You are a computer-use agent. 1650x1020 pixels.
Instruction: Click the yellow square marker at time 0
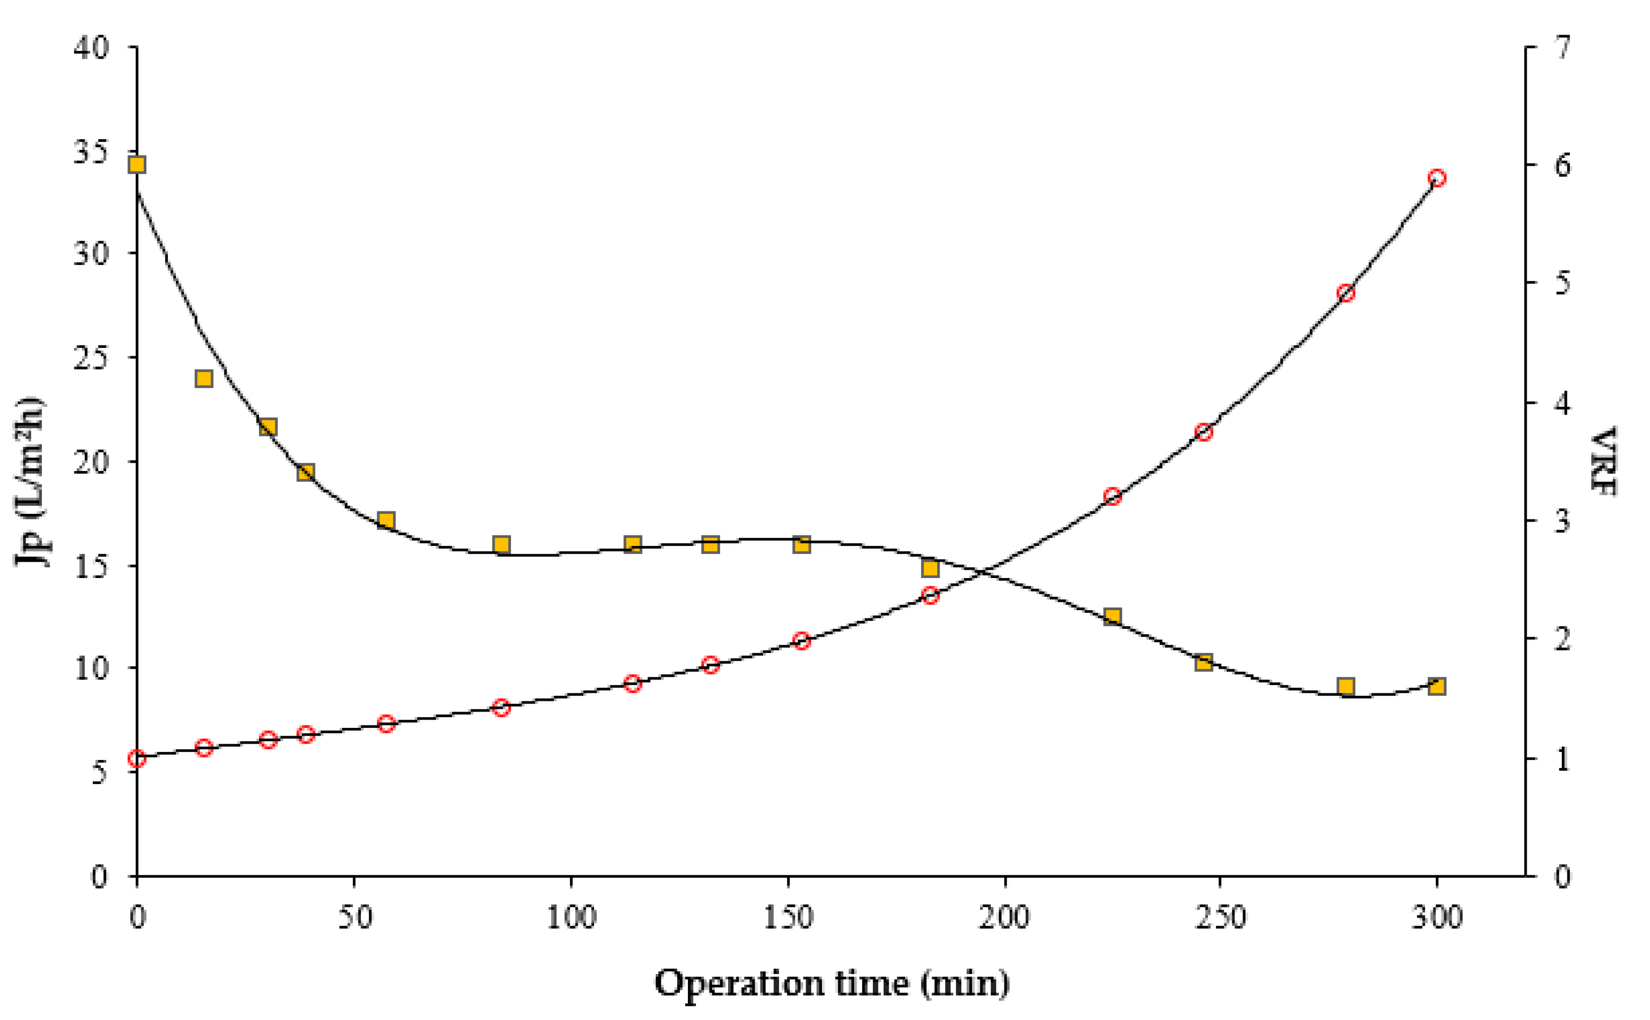(137, 165)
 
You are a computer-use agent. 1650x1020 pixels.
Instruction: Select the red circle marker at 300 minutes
(1437, 178)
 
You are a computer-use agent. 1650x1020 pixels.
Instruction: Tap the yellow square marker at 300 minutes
(1437, 687)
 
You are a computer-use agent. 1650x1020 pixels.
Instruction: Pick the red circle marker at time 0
(137, 759)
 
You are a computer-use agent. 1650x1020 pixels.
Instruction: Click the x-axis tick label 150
(788, 918)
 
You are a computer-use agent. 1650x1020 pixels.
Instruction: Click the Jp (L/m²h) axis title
(31, 482)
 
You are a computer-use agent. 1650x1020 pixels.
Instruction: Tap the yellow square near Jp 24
(204, 378)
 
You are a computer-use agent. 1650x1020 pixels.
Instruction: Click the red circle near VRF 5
(1346, 293)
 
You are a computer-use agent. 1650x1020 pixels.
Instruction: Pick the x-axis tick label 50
(355, 918)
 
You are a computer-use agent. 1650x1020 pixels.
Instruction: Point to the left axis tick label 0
(99, 877)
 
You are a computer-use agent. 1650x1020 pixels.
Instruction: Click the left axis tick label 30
(91, 254)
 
